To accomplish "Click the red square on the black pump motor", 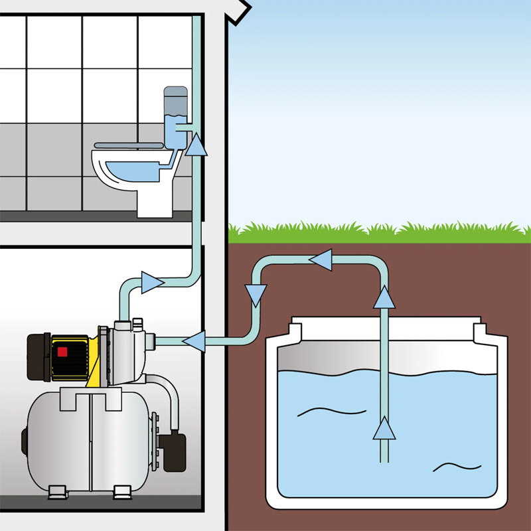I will click(x=63, y=352).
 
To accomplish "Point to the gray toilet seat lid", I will click(x=127, y=143).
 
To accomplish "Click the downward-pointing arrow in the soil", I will click(x=256, y=293).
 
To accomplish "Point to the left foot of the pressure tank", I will click(x=56, y=492).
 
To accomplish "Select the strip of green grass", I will click(x=378, y=232).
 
